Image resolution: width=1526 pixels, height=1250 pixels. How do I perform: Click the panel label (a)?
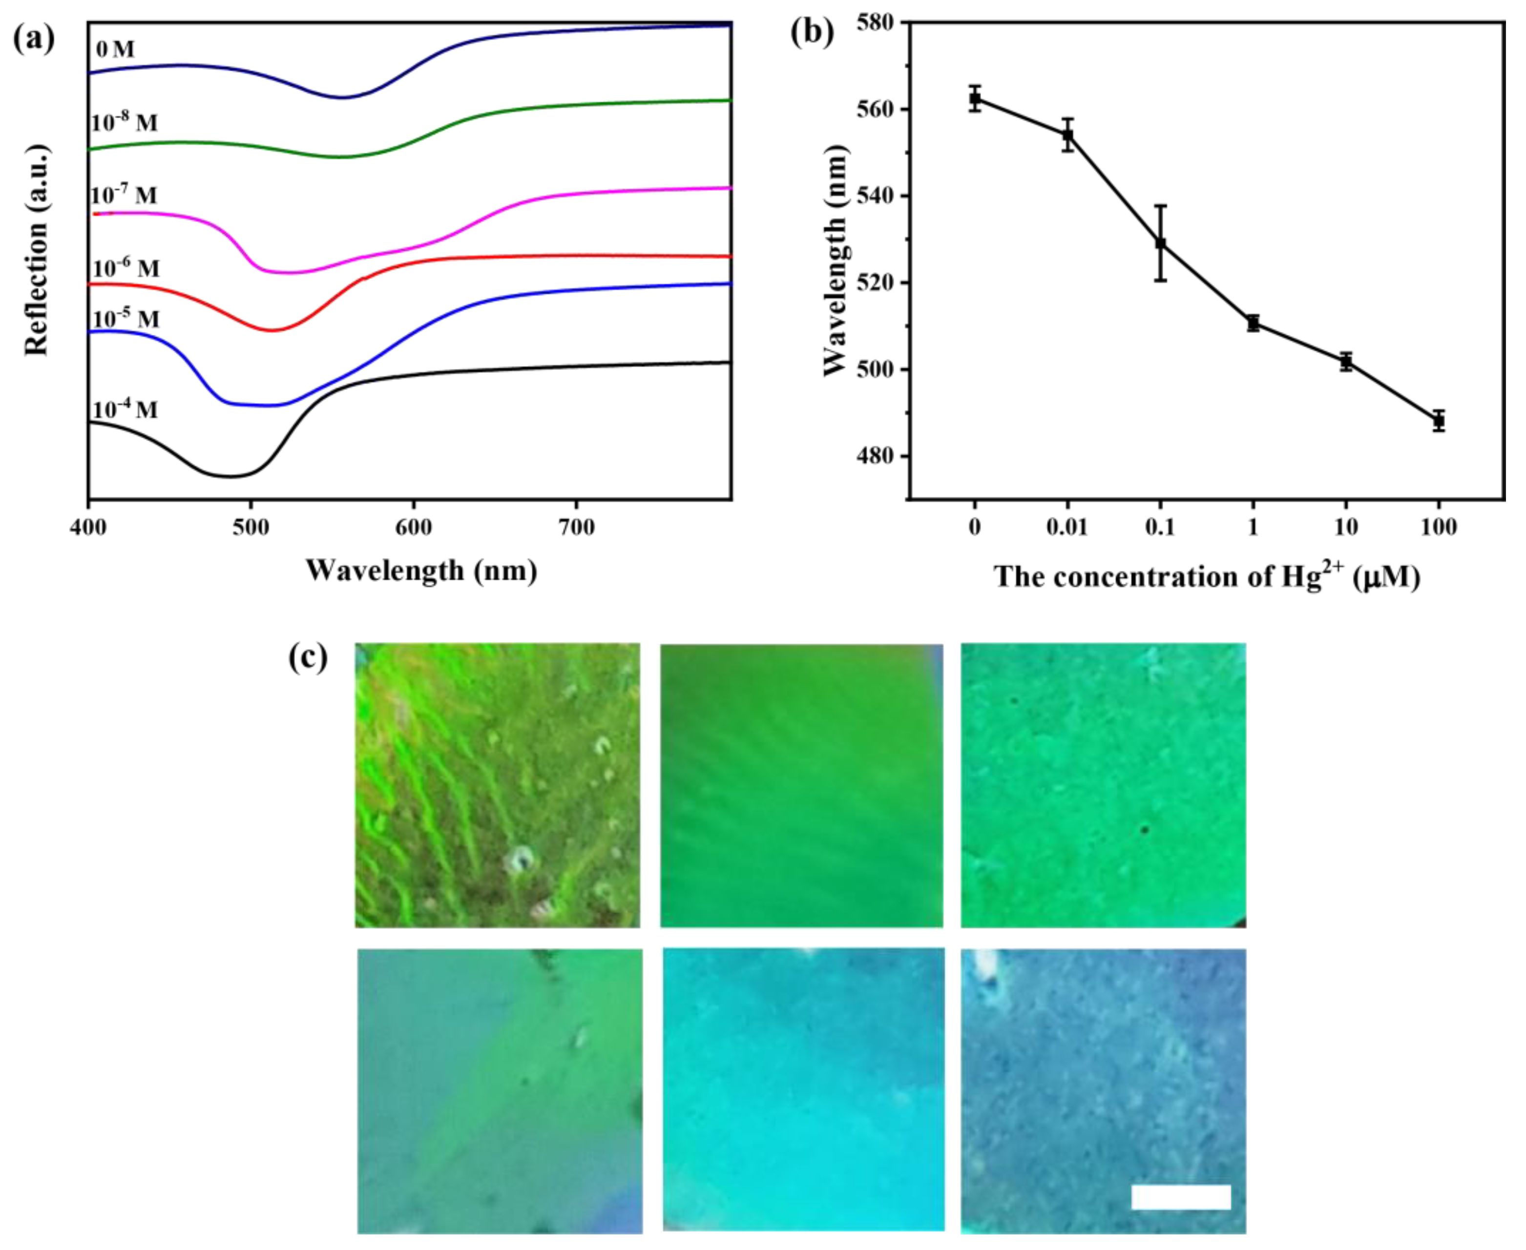pyautogui.click(x=34, y=38)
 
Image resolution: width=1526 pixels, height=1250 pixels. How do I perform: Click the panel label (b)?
pyautogui.click(x=812, y=32)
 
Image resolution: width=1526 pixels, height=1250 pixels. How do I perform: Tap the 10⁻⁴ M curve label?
pyautogui.click(x=125, y=410)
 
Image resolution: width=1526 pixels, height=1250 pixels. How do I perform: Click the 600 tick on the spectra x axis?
pyautogui.click(x=414, y=528)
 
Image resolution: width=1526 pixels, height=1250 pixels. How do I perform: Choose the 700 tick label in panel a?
pyautogui.click(x=576, y=528)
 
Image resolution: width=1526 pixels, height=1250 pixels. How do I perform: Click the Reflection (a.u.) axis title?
pyautogui.click(x=37, y=250)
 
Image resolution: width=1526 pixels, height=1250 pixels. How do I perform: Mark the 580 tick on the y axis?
pyautogui.click(x=876, y=22)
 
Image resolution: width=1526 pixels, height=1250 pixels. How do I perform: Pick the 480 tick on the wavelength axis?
pyautogui.click(x=876, y=456)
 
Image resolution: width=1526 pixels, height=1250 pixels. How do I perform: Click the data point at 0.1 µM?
pyautogui.click(x=1160, y=244)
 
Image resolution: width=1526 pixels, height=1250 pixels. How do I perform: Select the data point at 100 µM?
pyautogui.click(x=1438, y=421)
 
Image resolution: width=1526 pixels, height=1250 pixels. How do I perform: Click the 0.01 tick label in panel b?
pyautogui.click(x=1067, y=528)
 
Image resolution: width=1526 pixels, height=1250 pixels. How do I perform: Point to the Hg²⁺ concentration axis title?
pyautogui.click(x=1206, y=577)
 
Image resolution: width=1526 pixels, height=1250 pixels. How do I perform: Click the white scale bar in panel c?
pyautogui.click(x=1180, y=1197)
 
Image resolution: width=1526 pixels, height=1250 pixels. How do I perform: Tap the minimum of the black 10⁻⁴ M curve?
pyautogui.click(x=229, y=476)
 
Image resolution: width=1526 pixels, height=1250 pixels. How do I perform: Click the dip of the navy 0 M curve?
pyautogui.click(x=343, y=97)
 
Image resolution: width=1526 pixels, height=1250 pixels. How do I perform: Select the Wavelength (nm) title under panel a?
pyautogui.click(x=421, y=570)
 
